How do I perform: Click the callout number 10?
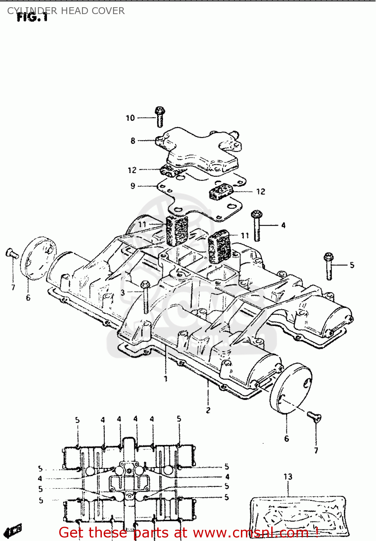click(x=130, y=118)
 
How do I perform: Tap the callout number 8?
click(x=133, y=141)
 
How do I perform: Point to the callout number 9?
click(x=133, y=186)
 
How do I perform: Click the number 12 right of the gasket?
click(x=260, y=192)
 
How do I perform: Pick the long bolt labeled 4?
click(x=257, y=226)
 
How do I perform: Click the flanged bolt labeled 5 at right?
click(x=329, y=266)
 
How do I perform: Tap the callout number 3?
click(x=123, y=293)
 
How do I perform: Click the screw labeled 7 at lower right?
click(x=314, y=417)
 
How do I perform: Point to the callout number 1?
click(x=165, y=379)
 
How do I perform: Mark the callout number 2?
click(x=208, y=410)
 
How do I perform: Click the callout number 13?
click(x=288, y=477)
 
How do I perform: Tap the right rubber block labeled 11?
click(x=220, y=246)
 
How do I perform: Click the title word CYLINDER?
click(x=32, y=11)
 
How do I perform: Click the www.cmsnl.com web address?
click(x=249, y=533)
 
